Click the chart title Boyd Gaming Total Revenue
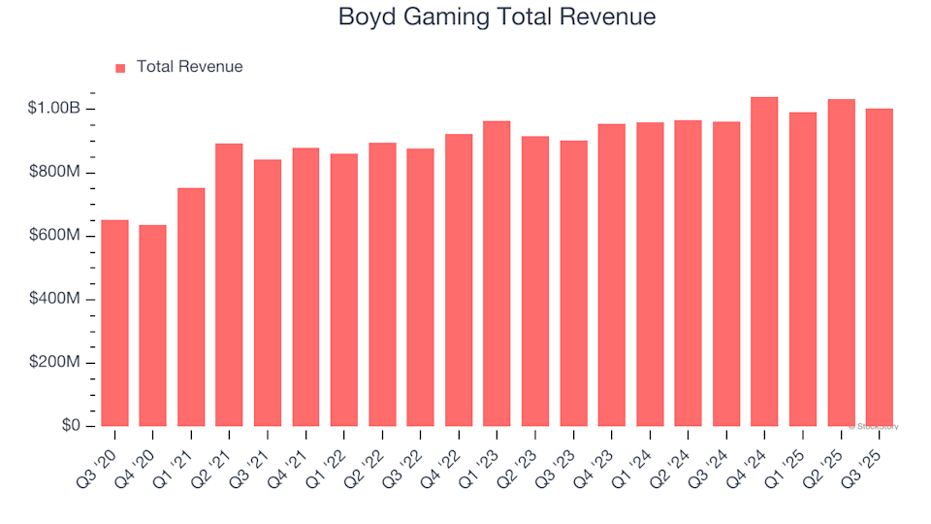click(x=497, y=17)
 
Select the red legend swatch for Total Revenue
click(x=120, y=68)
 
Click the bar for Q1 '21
click(x=191, y=307)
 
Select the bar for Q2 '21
click(x=229, y=285)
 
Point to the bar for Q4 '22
click(x=459, y=280)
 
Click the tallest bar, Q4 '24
click(x=764, y=262)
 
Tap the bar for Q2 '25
click(x=841, y=263)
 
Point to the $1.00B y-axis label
click(x=55, y=109)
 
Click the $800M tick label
click(x=55, y=173)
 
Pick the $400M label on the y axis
click(x=55, y=300)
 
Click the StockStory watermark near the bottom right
click(x=875, y=426)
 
